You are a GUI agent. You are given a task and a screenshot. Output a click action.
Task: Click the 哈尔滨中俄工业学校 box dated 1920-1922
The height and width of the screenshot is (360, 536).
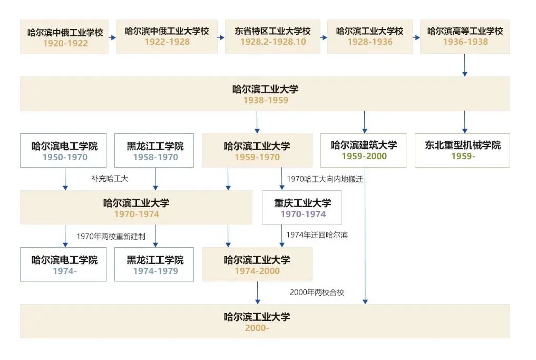pyautogui.click(x=64, y=37)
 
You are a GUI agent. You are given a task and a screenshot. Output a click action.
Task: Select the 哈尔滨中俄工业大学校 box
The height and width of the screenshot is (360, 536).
pyautogui.click(x=167, y=36)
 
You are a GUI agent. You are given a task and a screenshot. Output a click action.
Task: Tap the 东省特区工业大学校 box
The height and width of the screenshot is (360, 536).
pyautogui.click(x=272, y=36)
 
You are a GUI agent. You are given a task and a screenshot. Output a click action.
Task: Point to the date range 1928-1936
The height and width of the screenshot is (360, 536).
pyautogui.click(x=369, y=42)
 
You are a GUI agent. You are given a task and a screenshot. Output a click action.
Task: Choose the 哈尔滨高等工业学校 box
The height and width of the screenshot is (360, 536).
pyautogui.click(x=465, y=36)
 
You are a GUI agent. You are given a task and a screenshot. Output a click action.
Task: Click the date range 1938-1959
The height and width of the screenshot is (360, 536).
pyautogui.click(x=265, y=100)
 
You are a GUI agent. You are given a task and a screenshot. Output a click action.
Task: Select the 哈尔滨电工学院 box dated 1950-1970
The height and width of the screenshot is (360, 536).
pyautogui.click(x=65, y=150)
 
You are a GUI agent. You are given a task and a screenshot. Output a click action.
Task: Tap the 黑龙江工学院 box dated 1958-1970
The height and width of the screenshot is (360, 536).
pyautogui.click(x=155, y=150)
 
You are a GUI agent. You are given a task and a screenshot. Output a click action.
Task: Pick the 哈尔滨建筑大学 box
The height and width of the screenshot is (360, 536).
pyautogui.click(x=364, y=150)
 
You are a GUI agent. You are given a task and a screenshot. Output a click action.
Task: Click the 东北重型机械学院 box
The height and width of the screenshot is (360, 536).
pyautogui.click(x=462, y=150)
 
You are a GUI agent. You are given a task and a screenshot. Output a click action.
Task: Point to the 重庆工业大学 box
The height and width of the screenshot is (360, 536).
pyautogui.click(x=302, y=208)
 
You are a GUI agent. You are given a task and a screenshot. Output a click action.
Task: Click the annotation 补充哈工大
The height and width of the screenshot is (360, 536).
pyautogui.click(x=110, y=179)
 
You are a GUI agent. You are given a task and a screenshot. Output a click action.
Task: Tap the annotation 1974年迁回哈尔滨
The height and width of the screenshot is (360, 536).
pyautogui.click(x=317, y=235)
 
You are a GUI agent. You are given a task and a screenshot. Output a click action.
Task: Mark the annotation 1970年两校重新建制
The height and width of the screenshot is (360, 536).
pyautogui.click(x=111, y=236)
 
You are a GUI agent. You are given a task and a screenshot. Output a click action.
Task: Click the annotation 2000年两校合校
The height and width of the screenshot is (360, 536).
pyautogui.click(x=317, y=291)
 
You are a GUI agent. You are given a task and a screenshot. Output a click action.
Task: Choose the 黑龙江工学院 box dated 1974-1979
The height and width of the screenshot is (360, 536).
pyautogui.click(x=155, y=265)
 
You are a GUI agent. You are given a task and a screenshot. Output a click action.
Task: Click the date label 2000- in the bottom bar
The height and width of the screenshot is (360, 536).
pyautogui.click(x=257, y=328)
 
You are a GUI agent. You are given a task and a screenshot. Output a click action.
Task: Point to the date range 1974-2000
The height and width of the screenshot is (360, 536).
pyautogui.click(x=257, y=271)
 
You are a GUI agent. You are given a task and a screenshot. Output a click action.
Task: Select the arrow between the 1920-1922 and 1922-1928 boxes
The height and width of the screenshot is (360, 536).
pyautogui.click(x=112, y=38)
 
